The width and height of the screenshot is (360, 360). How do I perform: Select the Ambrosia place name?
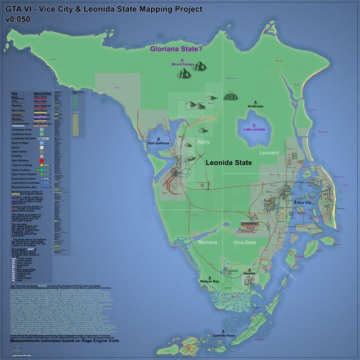pos(255,106)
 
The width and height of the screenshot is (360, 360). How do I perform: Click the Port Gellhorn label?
pos(158,143)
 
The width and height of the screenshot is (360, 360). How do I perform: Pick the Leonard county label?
pos(269,152)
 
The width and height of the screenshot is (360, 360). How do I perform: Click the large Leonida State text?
pos(228,163)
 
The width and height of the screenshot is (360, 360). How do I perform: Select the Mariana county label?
pos(208,242)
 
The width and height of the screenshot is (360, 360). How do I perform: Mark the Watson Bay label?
pos(210,280)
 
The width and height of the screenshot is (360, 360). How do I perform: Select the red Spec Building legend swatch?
pos(42,161)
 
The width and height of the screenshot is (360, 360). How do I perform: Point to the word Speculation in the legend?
pos(43,93)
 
